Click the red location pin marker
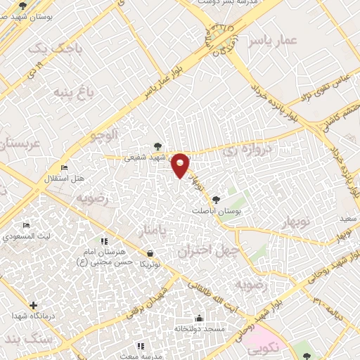[181, 165]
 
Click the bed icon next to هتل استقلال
[65, 168]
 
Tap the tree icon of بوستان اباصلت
[216, 200]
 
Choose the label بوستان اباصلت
[217, 210]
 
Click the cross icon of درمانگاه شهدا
[33, 305]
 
